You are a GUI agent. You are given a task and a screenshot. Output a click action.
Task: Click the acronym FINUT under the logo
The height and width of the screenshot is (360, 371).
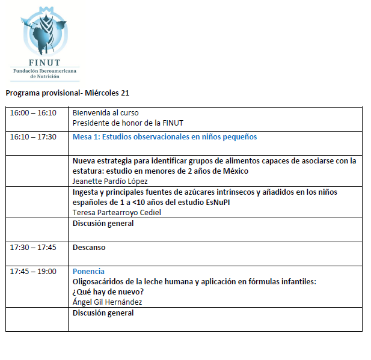[44, 62]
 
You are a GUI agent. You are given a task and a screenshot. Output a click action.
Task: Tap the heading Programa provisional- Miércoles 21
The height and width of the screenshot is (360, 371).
[67, 93]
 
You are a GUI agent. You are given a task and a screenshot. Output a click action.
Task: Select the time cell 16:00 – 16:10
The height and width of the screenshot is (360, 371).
[33, 113]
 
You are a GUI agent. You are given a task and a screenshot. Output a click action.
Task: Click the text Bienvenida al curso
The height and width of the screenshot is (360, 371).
[106, 113]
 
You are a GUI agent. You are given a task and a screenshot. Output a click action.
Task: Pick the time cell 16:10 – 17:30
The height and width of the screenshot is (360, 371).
[33, 137]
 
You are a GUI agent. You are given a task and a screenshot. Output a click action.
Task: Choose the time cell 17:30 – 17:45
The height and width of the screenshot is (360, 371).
[33, 247]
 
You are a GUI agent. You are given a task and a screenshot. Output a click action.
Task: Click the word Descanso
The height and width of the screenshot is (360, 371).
[89, 247]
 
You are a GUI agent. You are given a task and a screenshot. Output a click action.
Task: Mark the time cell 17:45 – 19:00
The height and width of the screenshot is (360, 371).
[33, 272]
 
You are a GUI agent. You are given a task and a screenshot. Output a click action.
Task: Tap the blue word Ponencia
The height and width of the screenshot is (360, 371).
[88, 272]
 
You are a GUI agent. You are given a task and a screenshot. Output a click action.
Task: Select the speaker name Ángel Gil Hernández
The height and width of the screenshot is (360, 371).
[108, 302]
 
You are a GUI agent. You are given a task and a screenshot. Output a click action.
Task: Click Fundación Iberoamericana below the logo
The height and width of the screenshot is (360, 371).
[44, 71]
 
